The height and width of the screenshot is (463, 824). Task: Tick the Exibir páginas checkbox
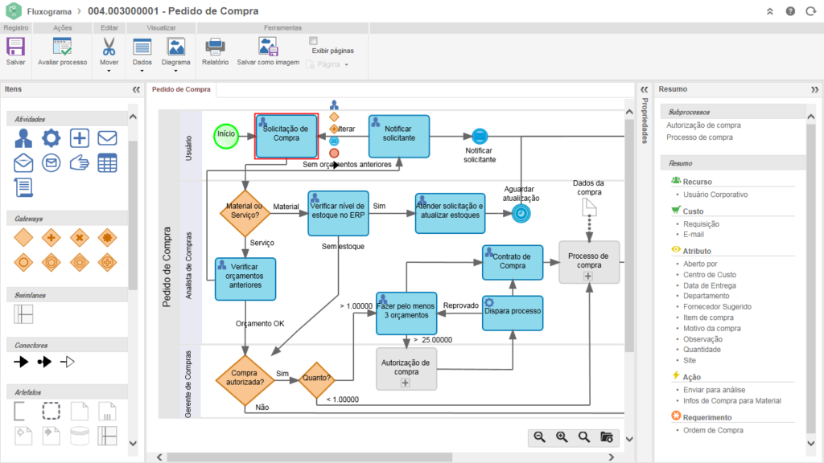pyautogui.click(x=314, y=40)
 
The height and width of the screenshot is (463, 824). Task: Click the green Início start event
pyautogui.click(x=227, y=135)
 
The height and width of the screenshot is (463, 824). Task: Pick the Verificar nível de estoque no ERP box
pyautogui.click(x=338, y=213)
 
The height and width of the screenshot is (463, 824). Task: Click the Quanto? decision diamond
pyautogui.click(x=316, y=378)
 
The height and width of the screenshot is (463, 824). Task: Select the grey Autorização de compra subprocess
pyautogui.click(x=406, y=368)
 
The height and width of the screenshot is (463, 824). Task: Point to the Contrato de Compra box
pyautogui.click(x=513, y=263)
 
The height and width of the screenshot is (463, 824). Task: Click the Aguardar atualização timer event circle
pyautogui.click(x=521, y=213)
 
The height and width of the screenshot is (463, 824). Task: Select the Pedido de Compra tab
pyautogui.click(x=182, y=89)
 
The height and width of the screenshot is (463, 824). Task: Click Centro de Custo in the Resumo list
pyautogui.click(x=710, y=275)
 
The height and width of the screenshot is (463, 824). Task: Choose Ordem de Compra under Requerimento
pyautogui.click(x=713, y=430)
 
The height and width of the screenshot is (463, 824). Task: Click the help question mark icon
pyautogui.click(x=790, y=11)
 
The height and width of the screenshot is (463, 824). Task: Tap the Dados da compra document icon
pyautogui.click(x=588, y=206)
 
